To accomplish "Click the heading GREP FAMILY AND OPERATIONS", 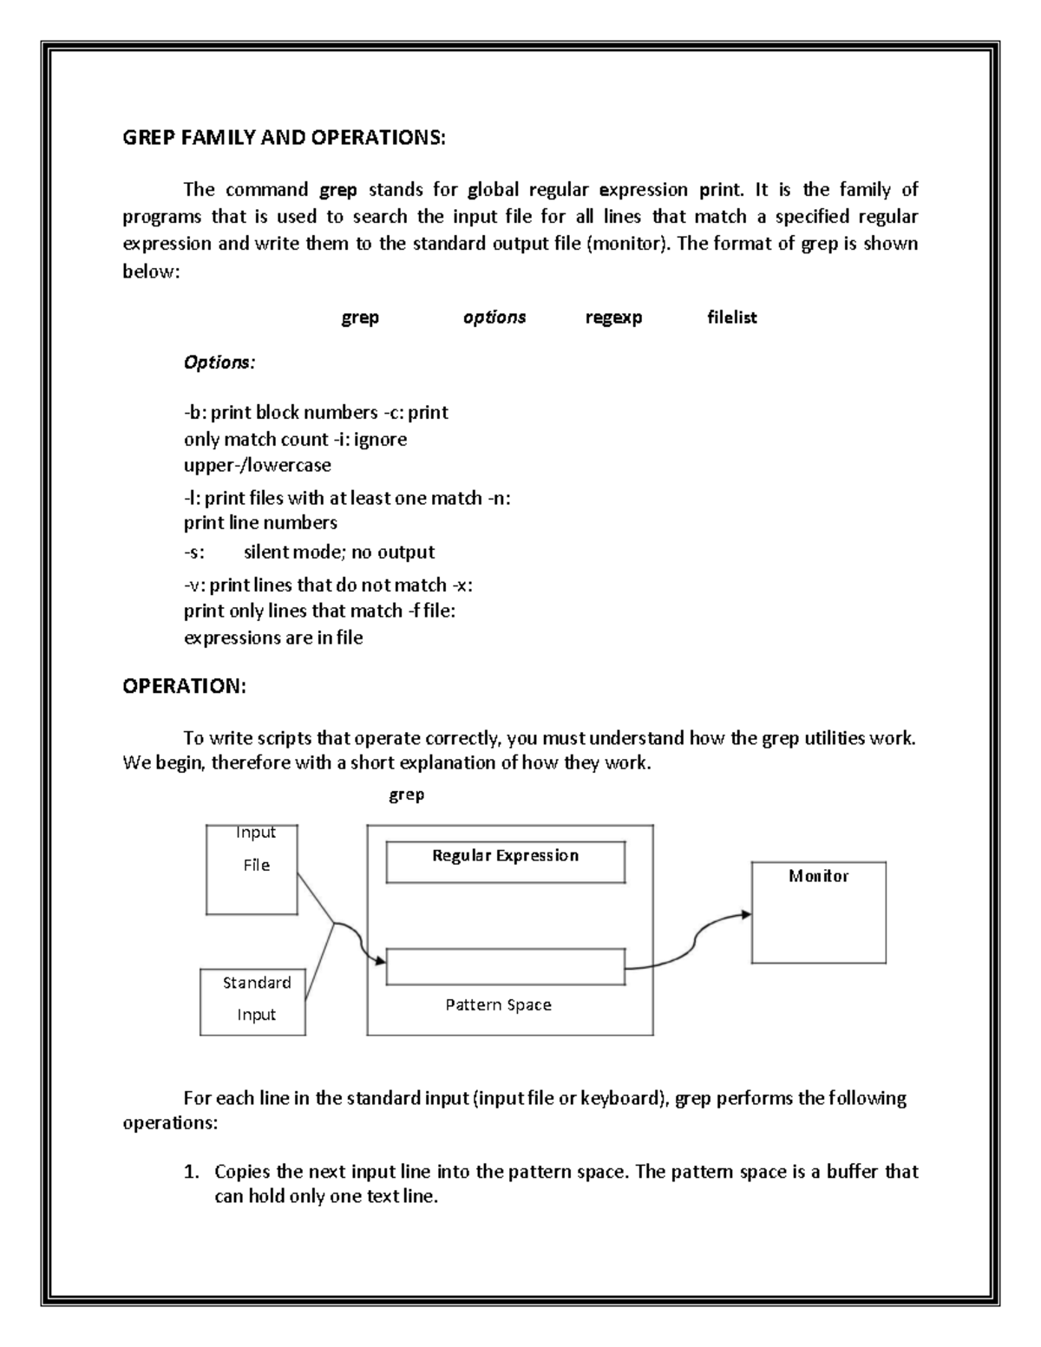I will [x=284, y=138].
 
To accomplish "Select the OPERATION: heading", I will [x=184, y=686].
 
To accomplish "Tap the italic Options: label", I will [x=219, y=362].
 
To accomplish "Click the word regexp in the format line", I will [x=613, y=317].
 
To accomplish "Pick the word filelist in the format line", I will [x=731, y=317].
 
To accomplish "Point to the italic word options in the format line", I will [x=494, y=317].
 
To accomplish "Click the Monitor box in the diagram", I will [x=818, y=912].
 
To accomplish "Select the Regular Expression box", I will [x=505, y=861].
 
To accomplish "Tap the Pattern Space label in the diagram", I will [x=498, y=1004].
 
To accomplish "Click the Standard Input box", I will [x=253, y=1001].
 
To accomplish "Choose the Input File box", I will [x=252, y=869].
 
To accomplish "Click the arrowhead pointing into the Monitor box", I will [x=745, y=913].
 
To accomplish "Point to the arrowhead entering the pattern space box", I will [x=379, y=960].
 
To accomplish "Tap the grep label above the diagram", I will [x=406, y=794].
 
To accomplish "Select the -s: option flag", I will [x=194, y=553].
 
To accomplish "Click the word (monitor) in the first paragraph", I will [x=629, y=244].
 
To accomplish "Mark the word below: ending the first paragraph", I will [x=151, y=271].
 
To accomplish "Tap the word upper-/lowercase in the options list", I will [x=258, y=465].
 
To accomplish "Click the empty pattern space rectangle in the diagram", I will [x=505, y=966].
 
